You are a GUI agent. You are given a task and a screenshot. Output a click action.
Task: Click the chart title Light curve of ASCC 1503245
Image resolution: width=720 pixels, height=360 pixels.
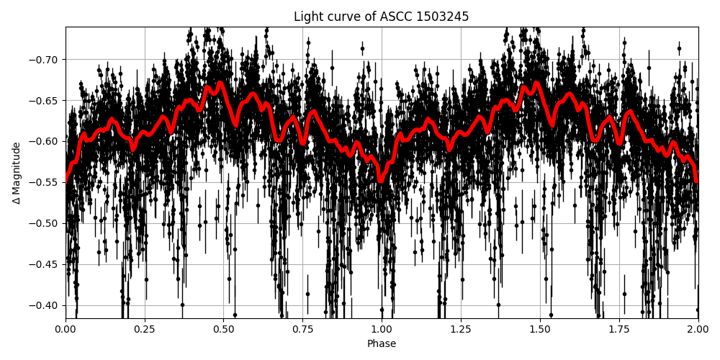tap(381, 17)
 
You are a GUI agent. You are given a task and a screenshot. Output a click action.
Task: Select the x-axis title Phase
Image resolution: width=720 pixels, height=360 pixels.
tap(381, 344)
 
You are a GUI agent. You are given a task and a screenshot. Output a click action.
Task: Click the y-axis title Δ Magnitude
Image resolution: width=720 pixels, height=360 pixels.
tap(17, 173)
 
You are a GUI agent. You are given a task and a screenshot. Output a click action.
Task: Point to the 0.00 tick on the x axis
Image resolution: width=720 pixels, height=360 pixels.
tap(66, 330)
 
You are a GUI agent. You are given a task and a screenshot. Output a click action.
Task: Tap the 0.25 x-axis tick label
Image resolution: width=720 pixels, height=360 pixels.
tap(145, 330)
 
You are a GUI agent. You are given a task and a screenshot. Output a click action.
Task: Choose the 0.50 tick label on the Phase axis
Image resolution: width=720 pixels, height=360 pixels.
tap(224, 330)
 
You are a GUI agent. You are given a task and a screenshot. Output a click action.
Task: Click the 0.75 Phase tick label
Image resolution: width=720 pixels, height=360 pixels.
tap(302, 330)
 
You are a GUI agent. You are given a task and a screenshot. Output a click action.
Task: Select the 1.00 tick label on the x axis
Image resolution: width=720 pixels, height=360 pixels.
tap(382, 330)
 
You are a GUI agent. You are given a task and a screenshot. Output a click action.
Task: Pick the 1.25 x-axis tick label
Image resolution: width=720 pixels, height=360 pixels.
tap(461, 330)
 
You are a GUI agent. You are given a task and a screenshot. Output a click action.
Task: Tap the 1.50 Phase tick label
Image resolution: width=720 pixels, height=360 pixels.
tap(540, 330)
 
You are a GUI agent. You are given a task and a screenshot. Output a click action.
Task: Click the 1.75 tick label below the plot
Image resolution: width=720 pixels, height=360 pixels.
tap(618, 330)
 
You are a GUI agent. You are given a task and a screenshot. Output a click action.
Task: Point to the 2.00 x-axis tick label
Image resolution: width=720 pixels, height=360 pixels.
tap(698, 330)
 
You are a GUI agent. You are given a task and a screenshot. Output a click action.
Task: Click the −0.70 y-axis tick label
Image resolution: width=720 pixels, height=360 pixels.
tap(45, 59)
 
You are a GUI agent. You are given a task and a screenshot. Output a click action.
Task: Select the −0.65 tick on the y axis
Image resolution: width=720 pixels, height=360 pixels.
tap(45, 100)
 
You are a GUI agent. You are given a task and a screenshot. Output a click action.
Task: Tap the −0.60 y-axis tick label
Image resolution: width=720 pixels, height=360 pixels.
tap(45, 141)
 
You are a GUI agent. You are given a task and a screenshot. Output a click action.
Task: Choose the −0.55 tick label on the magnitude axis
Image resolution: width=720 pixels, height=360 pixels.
tap(45, 182)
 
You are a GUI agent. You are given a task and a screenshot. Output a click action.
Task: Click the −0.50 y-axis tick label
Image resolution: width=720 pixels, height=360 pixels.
tap(45, 223)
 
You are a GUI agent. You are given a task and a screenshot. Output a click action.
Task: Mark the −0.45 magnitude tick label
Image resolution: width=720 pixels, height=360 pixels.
tap(45, 264)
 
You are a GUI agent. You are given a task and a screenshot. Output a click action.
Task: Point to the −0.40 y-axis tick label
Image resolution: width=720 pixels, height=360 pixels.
tap(45, 305)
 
